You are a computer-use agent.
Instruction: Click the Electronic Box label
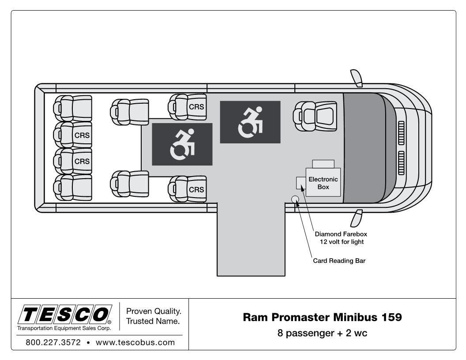(323, 183)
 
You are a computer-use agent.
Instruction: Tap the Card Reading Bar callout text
(339, 260)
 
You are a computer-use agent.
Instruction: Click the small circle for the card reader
(295, 200)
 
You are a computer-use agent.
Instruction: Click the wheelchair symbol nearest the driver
(250, 122)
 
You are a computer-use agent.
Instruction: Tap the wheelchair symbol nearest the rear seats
(182, 144)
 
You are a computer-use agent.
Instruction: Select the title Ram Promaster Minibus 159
(322, 317)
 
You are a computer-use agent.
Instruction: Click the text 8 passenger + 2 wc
(322, 333)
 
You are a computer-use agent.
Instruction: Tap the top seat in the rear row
(73, 108)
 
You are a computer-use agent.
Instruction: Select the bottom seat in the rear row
(73, 187)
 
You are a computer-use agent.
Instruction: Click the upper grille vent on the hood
(401, 131)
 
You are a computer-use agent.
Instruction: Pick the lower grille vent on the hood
(401, 162)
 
